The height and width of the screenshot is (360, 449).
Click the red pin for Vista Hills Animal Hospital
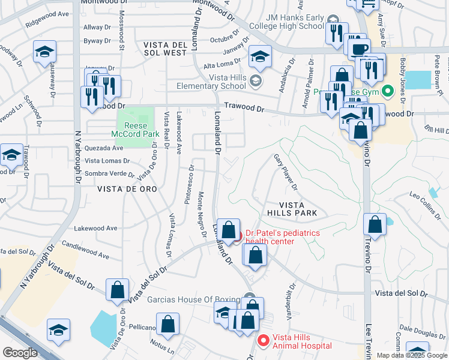[x=262, y=340]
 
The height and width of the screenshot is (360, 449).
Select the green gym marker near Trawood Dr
[x=388, y=92]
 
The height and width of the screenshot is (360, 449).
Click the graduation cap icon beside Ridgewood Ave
[x=44, y=52]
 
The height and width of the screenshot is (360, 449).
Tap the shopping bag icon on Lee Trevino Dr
[x=375, y=224]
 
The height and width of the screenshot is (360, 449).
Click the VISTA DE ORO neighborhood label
[x=127, y=188]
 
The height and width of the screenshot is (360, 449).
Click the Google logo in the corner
[x=20, y=353]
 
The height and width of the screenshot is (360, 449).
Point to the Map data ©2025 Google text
[x=412, y=355]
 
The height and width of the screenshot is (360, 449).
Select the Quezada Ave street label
[x=103, y=148]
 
